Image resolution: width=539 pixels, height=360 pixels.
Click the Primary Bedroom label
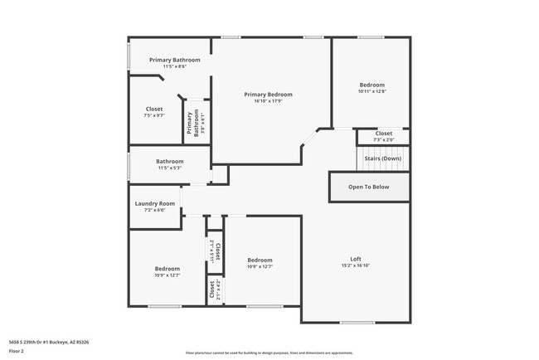[268, 95]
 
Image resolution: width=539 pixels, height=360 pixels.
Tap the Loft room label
[356, 258]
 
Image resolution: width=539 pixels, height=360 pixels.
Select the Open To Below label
[368, 187]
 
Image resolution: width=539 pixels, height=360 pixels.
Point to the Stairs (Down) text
[383, 158]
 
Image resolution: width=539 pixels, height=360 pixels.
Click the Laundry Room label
[155, 203]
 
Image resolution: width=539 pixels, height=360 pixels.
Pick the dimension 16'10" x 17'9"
[268, 102]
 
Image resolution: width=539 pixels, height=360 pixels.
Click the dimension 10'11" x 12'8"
[371, 91]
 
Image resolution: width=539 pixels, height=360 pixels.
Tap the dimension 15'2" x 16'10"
[356, 265]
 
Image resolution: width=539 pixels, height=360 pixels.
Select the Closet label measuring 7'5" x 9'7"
[154, 109]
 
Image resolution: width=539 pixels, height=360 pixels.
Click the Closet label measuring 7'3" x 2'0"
[383, 133]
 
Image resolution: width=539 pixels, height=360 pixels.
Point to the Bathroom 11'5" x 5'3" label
[170, 161]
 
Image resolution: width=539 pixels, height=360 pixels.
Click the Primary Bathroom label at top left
[175, 60]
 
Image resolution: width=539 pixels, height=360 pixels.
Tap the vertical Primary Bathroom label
[190, 123]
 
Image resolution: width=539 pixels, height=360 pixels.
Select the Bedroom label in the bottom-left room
[167, 268]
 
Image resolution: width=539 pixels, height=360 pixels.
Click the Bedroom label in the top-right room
[371, 85]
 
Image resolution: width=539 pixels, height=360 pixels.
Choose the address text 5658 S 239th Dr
[49, 342]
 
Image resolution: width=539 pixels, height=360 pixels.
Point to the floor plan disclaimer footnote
[269, 353]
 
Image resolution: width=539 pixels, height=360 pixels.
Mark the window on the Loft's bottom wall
[357, 322]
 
